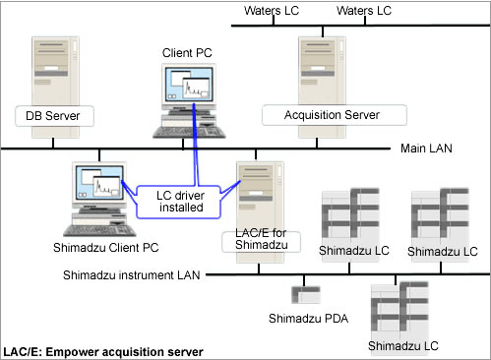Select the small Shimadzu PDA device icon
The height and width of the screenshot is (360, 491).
click(x=305, y=294)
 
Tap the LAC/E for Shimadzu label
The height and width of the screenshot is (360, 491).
click(x=260, y=237)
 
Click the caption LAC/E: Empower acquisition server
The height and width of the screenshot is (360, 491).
click(x=103, y=350)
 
